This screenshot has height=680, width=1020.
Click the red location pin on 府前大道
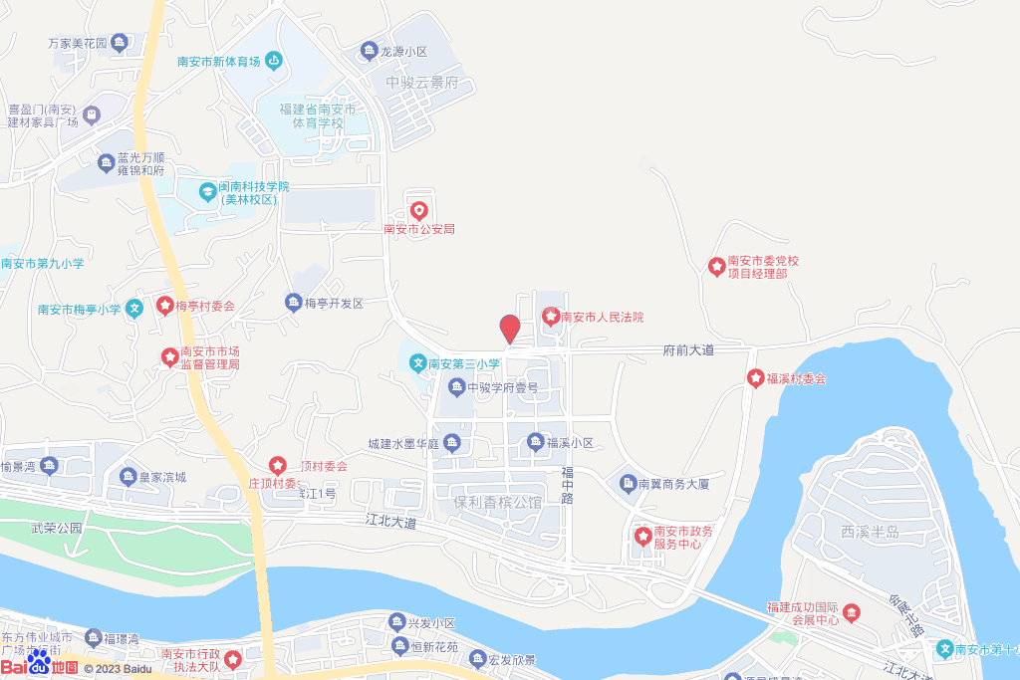click(509, 329)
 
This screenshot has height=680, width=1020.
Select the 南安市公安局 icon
click(419, 211)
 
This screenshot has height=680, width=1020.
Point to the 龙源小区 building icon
click(368, 50)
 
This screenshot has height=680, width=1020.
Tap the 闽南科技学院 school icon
click(207, 190)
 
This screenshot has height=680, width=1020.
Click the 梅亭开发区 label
click(334, 303)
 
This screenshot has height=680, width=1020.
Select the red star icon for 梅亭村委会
click(164, 305)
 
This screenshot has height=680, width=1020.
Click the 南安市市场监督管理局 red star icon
click(169, 355)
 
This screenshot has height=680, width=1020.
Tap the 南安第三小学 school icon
click(418, 362)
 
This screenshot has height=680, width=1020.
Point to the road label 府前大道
click(689, 350)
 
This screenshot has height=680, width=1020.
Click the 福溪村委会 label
click(796, 379)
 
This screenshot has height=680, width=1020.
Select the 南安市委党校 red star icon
click(716, 266)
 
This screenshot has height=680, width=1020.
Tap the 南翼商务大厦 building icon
click(628, 484)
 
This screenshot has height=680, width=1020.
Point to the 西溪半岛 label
click(870, 533)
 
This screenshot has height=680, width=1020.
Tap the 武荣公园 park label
click(55, 529)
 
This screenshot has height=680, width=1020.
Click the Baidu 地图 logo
click(39, 665)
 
